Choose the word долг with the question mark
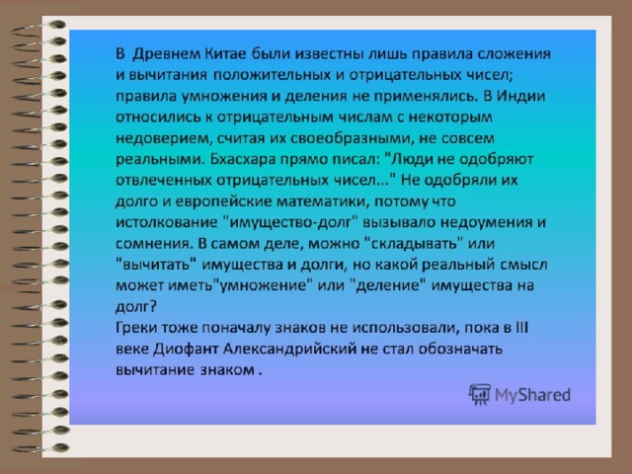pyautogui.click(x=136, y=307)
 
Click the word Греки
pyautogui.click(x=136, y=328)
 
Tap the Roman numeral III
pyautogui.click(x=521, y=327)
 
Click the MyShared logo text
pyautogui.click(x=532, y=395)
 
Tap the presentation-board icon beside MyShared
pyautogui.click(x=480, y=394)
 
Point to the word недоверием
pyautogui.click(x=162, y=138)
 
